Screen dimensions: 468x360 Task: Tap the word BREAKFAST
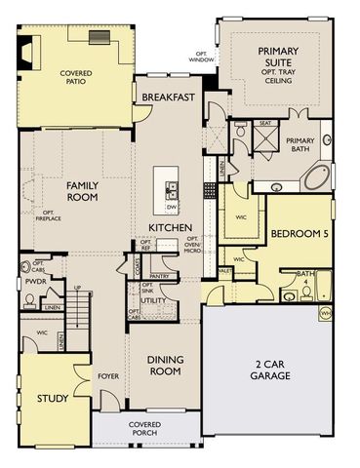click(170, 97)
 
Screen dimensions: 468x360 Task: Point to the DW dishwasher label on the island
click(172, 207)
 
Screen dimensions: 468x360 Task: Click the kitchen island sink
click(172, 189)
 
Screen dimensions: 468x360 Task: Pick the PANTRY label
click(160, 276)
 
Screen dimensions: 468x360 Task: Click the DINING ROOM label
click(165, 366)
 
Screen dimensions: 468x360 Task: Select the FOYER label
click(108, 376)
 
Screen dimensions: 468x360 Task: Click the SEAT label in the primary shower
click(264, 124)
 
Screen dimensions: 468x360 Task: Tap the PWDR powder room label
click(36, 280)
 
